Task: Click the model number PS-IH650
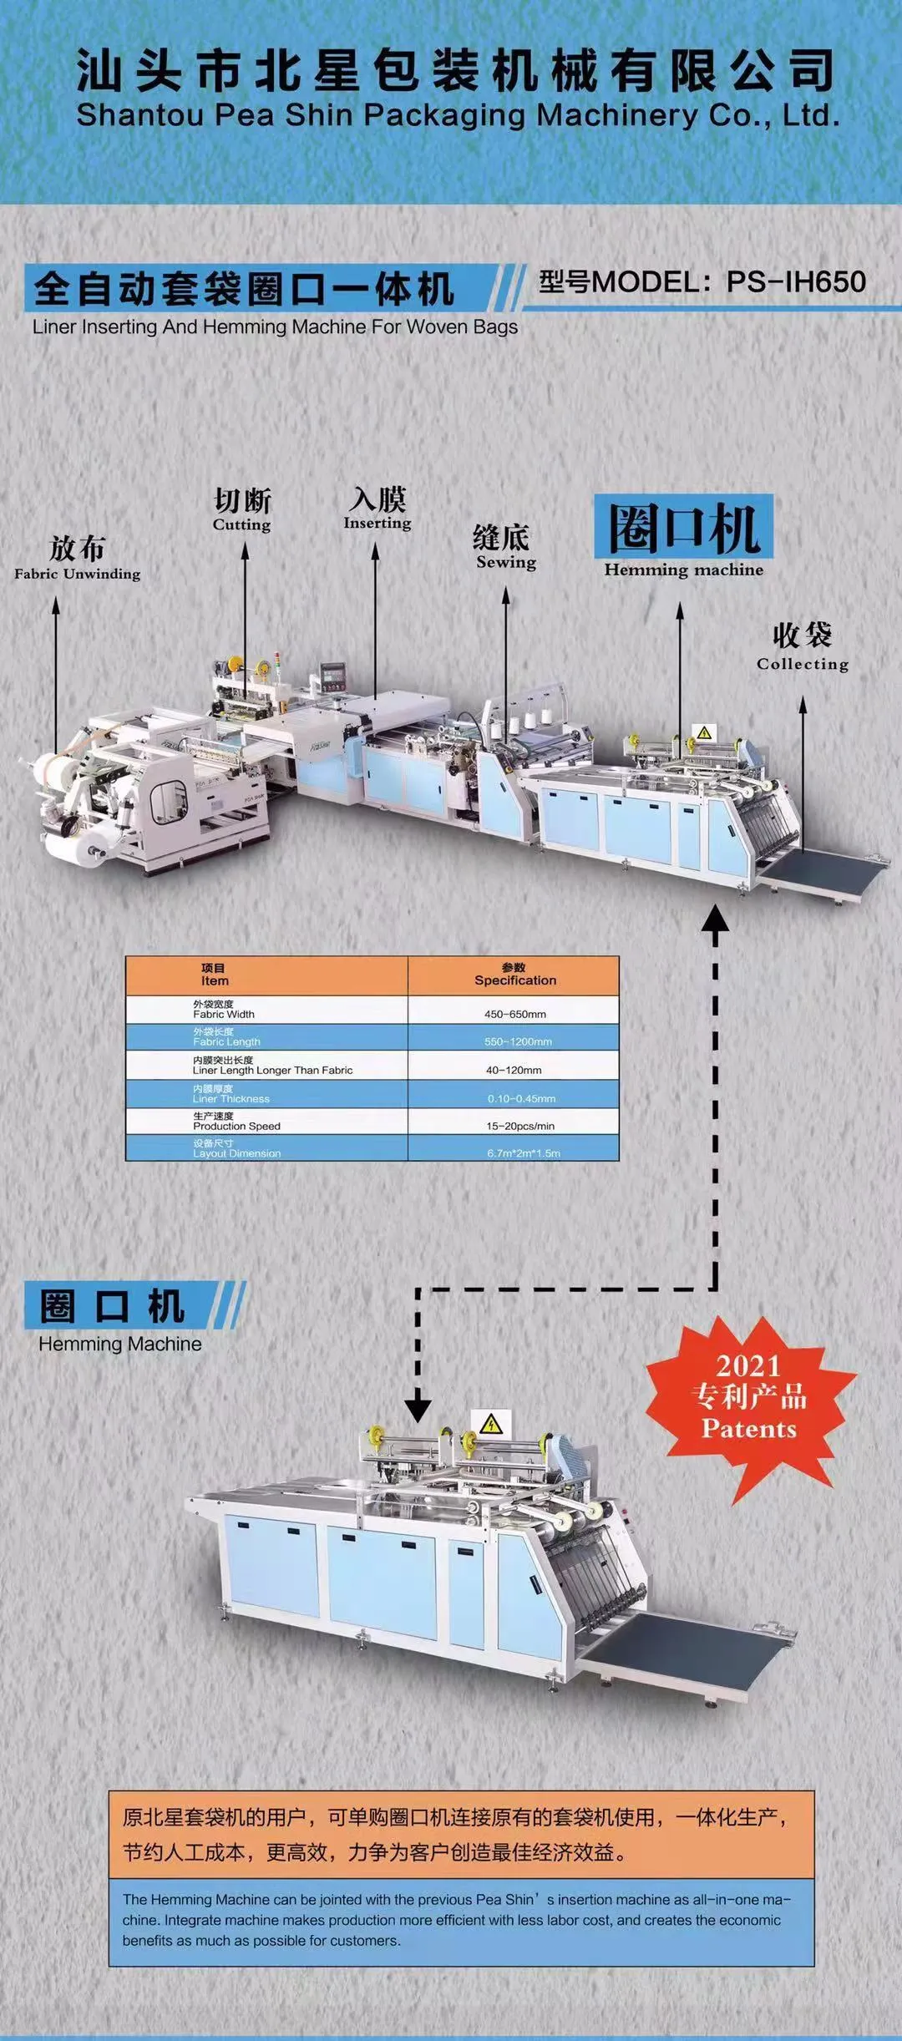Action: [x=795, y=282]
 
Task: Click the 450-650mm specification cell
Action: [x=514, y=1014]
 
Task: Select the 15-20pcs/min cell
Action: [x=519, y=1126]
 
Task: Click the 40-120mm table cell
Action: [x=514, y=1070]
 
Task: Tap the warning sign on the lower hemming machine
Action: [x=490, y=1422]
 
